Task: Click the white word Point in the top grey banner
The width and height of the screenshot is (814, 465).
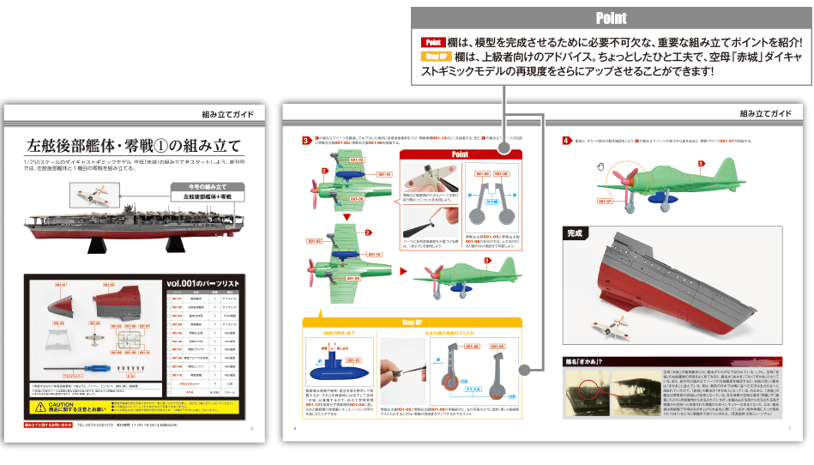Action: pyautogui.click(x=610, y=18)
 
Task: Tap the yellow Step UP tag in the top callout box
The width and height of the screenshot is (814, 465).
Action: pyautogui.click(x=436, y=57)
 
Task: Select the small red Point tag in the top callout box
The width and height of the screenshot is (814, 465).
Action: pyautogui.click(x=432, y=42)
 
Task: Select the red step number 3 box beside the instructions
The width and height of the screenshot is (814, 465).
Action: pyautogui.click(x=306, y=141)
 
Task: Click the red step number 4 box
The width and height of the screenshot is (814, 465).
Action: pyautogui.click(x=564, y=141)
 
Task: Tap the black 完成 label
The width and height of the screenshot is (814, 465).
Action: pyautogui.click(x=574, y=232)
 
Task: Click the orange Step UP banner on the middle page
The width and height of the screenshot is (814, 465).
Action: pyautogui.click(x=412, y=323)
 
